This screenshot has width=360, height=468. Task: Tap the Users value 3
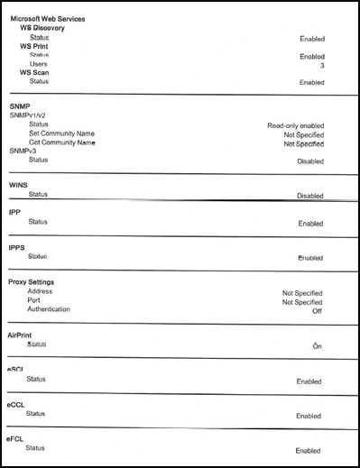321,65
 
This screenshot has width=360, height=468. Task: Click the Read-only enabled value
295,125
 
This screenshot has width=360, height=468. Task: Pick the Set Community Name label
61,133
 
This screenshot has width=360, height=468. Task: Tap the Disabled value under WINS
309,195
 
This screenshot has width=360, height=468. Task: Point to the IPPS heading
16,246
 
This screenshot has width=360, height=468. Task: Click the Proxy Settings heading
35,281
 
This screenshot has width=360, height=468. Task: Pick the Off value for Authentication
317,311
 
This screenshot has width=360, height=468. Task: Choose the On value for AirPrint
317,345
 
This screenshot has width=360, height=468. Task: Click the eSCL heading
18,370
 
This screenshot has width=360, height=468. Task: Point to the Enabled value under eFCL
309,450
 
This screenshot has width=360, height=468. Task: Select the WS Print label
34,46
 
